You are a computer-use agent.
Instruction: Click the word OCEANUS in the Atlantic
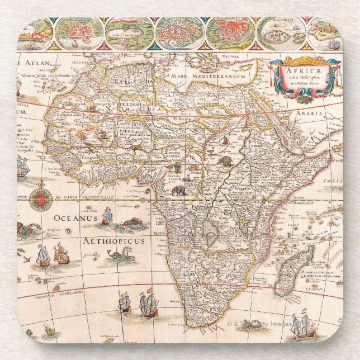(x=75, y=218)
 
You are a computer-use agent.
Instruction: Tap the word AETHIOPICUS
(x=113, y=241)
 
